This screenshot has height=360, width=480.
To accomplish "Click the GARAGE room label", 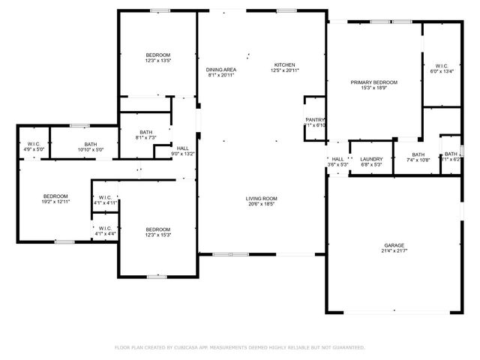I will [x=394, y=245].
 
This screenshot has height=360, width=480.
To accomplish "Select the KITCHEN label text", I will [x=284, y=64].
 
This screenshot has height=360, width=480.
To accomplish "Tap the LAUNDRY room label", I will [x=371, y=158].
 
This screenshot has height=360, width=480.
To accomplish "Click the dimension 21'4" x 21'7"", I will [x=394, y=251].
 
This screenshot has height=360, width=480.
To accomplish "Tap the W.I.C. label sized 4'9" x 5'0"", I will [x=34, y=144].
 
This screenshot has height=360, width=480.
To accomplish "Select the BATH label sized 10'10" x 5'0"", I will [x=90, y=144].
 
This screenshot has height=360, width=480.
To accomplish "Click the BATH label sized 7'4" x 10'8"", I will [x=418, y=154].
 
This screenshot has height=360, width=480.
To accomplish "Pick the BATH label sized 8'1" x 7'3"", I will [x=145, y=132].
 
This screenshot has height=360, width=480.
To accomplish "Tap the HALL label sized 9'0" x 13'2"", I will [x=183, y=148].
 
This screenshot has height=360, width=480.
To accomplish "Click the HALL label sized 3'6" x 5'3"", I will [x=337, y=158].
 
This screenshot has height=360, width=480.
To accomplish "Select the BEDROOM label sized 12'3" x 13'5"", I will [x=157, y=55].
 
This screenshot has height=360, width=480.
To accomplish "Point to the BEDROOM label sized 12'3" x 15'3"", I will [x=157, y=229].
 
